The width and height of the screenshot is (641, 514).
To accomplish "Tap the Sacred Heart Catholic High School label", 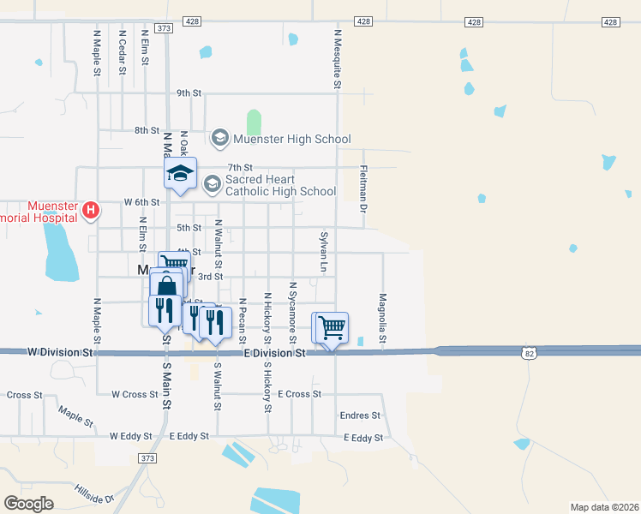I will click(x=280, y=186).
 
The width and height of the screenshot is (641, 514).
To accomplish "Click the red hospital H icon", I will click(x=90, y=209).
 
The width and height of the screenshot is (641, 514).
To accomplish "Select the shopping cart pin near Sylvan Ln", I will click(x=332, y=327).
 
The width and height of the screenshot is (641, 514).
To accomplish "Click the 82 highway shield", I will click(x=531, y=351).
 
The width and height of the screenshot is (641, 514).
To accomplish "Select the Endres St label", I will click(x=360, y=415).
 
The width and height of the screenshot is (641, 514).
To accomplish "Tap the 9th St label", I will click(x=189, y=93).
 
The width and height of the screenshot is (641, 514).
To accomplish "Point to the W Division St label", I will click(x=60, y=352).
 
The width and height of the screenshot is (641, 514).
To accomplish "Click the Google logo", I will click(x=29, y=504).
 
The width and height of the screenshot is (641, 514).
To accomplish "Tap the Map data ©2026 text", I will click(x=605, y=507).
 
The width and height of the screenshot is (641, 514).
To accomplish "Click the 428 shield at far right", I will click(x=610, y=21).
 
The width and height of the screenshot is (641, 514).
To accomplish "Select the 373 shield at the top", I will click(x=165, y=28).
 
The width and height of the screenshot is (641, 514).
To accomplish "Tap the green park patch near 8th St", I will click(x=254, y=121).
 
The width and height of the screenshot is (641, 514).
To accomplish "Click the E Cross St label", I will click(x=299, y=394).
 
